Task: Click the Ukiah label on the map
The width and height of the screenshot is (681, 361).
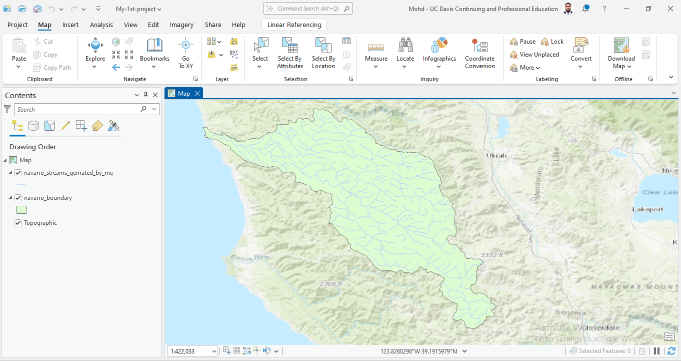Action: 496,155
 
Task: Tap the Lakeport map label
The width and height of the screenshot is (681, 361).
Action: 647,209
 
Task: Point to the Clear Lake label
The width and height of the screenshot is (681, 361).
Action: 658,192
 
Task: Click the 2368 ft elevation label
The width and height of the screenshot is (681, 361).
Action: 331,284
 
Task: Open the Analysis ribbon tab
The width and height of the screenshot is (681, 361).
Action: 101,25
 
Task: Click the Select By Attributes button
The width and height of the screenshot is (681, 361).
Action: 290,53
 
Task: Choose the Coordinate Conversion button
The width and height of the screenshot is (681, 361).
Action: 479,53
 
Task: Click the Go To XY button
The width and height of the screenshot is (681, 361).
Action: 185,53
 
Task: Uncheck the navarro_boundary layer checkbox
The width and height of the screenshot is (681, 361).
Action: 18,198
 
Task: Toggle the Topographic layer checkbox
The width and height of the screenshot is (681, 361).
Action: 18,223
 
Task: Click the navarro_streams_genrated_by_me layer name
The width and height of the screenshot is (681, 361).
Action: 68,173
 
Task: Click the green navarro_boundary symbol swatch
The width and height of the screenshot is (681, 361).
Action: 21,210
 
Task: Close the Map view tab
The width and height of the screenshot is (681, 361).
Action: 197,93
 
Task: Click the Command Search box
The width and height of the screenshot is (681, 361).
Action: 308,9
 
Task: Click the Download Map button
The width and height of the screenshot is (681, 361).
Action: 621,53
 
